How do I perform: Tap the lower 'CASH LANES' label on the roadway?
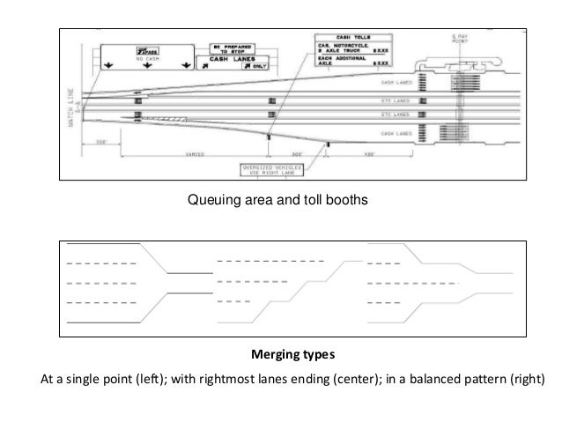(396, 133)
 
